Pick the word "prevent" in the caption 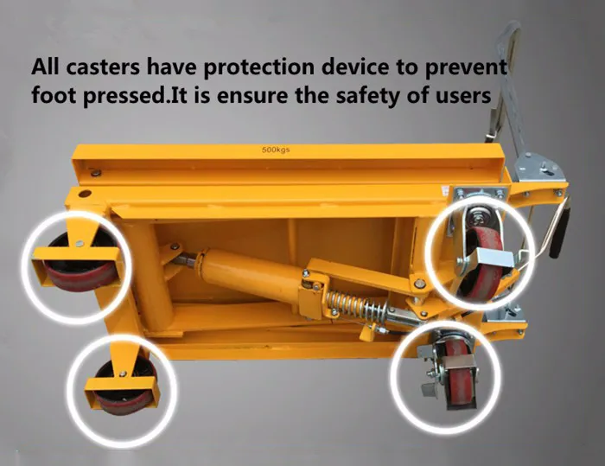coord(467,67)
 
